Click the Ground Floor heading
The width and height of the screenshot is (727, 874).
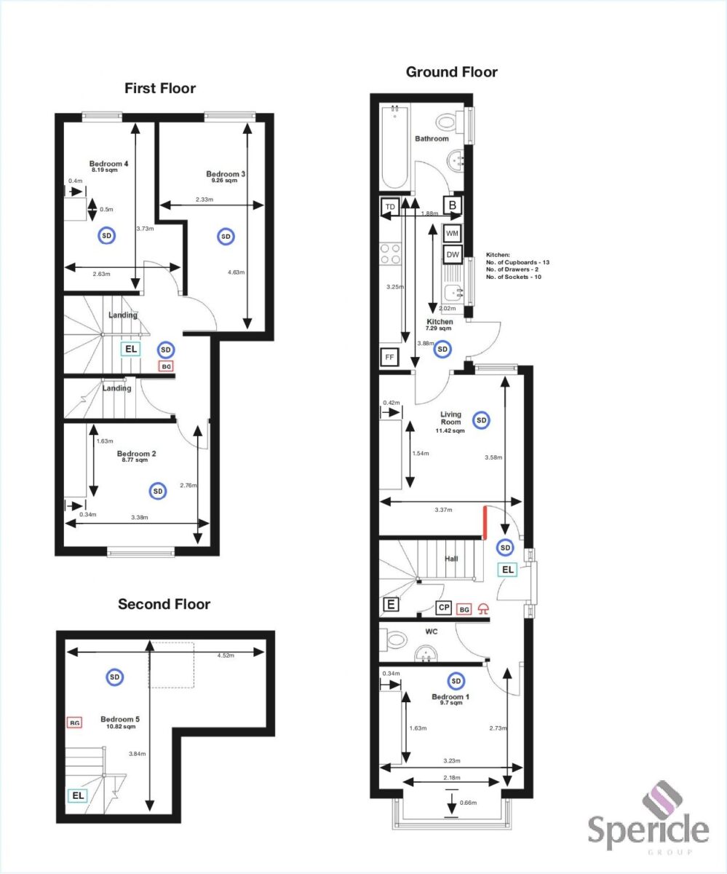[x=451, y=72]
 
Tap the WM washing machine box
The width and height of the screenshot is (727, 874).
[x=453, y=233]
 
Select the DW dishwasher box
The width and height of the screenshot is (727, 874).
[x=453, y=254]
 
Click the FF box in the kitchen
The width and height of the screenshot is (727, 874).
[x=389, y=358]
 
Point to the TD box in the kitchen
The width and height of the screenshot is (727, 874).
[x=389, y=207]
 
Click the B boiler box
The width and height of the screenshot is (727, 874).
[x=453, y=205]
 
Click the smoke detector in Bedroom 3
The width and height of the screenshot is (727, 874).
[x=226, y=237]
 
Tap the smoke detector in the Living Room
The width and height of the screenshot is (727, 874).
[x=480, y=420]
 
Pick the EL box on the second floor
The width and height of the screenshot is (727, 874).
[x=76, y=796]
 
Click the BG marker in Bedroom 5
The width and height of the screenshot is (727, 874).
[x=74, y=723]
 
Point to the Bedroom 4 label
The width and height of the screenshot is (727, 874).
[x=108, y=164]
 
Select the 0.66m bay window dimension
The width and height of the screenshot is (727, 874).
[x=469, y=803]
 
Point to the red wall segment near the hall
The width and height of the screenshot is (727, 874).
[x=484, y=523]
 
